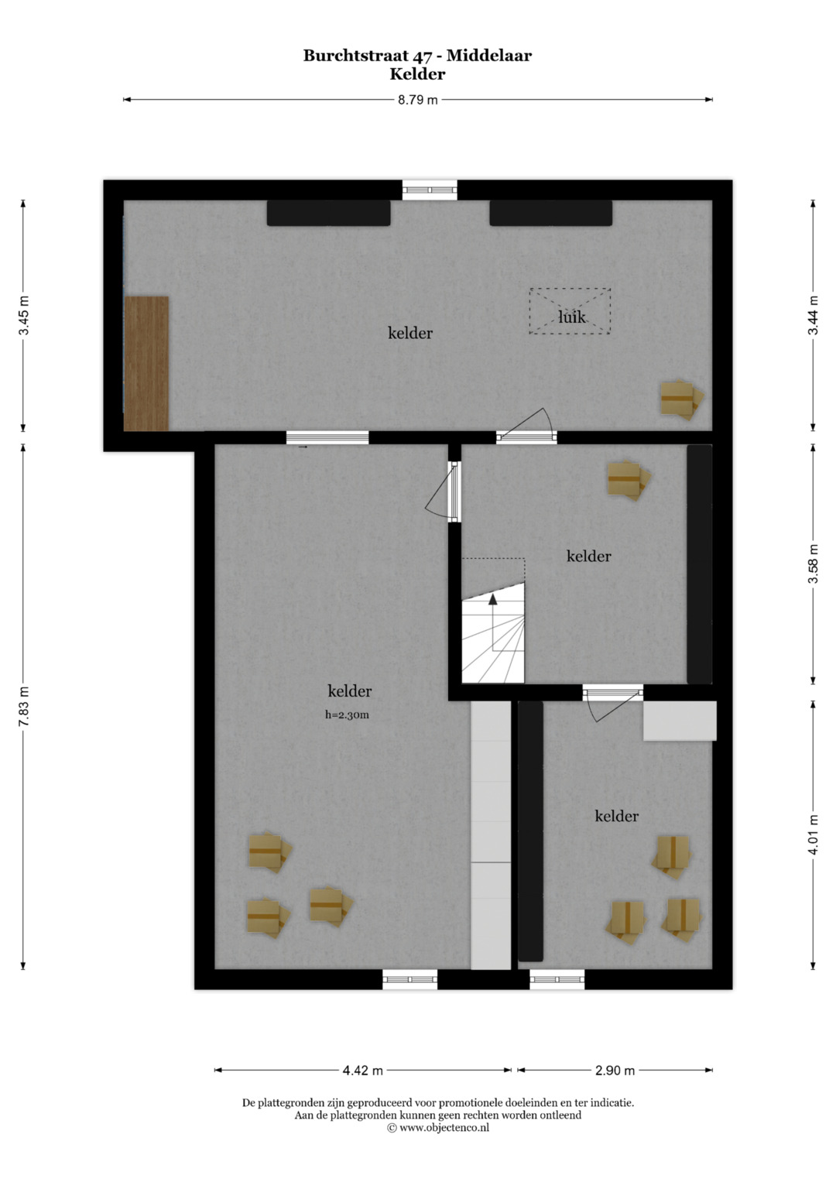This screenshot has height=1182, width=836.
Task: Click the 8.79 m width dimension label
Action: tap(417, 100)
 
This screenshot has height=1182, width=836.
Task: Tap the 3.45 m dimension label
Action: tap(24, 316)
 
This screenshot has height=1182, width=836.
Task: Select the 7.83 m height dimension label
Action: tap(24, 707)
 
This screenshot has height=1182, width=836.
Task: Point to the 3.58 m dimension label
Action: tap(814, 564)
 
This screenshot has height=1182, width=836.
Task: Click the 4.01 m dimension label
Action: tap(814, 834)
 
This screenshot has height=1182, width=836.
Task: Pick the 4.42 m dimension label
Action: tap(362, 1071)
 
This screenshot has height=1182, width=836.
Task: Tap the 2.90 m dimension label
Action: tap(615, 1071)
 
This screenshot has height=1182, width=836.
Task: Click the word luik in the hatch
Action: tap(571, 317)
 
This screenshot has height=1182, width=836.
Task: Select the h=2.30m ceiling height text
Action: tap(347, 715)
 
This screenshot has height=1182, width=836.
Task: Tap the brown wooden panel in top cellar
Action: tap(146, 364)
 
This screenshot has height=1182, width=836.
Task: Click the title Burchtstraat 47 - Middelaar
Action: tap(417, 56)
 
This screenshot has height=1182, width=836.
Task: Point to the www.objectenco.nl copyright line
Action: tap(438, 1128)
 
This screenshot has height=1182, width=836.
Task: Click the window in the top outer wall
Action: tap(430, 190)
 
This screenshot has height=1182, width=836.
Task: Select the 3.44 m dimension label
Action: tap(814, 315)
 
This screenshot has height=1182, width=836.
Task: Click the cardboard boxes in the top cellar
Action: tap(682, 400)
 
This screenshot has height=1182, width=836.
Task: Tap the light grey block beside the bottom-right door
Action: tap(680, 721)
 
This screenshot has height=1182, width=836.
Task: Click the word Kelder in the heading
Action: tap(417, 74)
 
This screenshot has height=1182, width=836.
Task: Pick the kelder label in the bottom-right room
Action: tap(616, 817)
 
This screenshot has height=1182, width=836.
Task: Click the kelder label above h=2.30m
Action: tap(349, 690)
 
